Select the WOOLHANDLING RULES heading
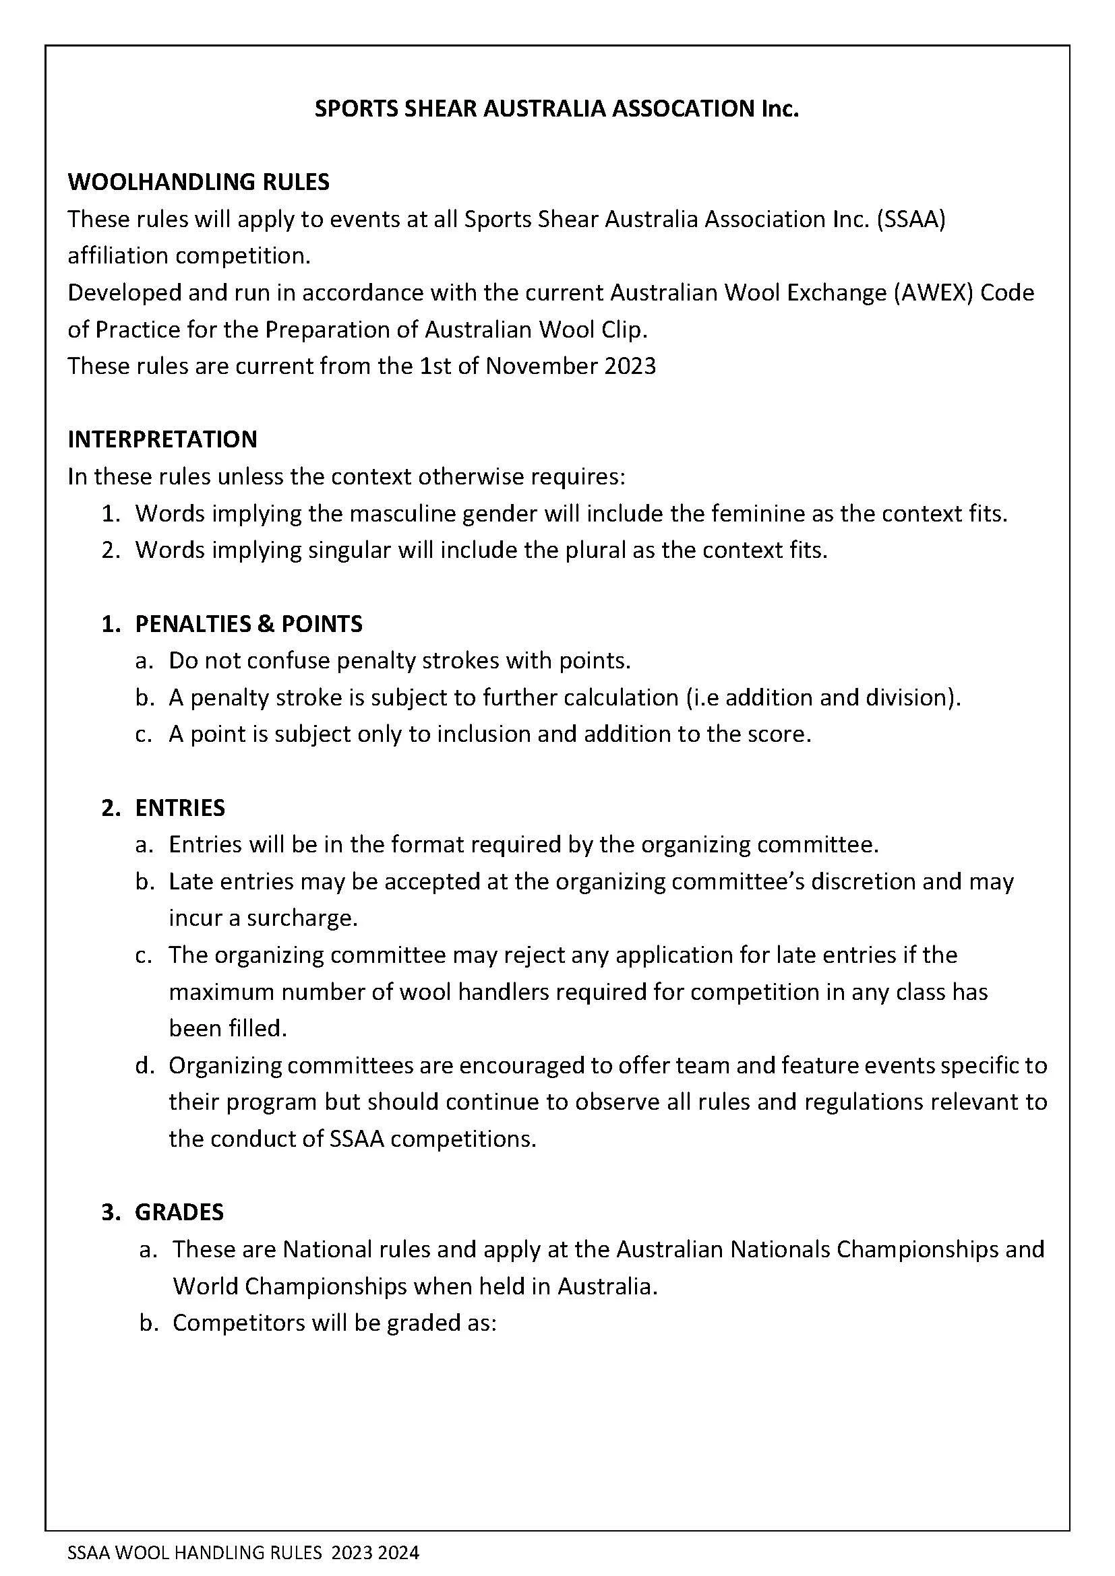[x=198, y=182]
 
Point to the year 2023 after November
[x=630, y=366]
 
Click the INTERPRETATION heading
[x=162, y=439]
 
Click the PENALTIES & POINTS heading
[x=249, y=623]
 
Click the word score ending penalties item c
[x=779, y=734]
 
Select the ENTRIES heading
[x=180, y=808]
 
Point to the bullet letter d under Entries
[x=143, y=1065]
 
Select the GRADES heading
[x=179, y=1212]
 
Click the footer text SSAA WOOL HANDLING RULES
[x=194, y=1552]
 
